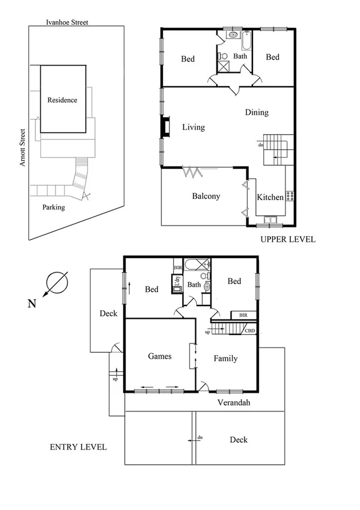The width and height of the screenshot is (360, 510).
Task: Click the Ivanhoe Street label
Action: (x=67, y=22)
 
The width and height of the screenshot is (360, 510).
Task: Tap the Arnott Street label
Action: (x=22, y=147)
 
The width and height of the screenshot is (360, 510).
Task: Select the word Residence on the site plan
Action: (x=63, y=100)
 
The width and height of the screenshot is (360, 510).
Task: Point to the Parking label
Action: (x=53, y=207)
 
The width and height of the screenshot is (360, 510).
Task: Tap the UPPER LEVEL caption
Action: (x=287, y=239)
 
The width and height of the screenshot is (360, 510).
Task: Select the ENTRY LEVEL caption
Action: (x=78, y=447)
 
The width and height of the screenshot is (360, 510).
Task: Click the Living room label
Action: (x=194, y=127)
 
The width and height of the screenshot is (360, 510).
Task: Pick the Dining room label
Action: (x=257, y=112)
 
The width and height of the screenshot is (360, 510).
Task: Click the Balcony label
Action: (x=206, y=196)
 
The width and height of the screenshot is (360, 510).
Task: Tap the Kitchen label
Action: (x=270, y=197)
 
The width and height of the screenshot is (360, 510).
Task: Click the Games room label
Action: (x=160, y=356)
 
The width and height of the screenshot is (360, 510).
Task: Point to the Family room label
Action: (x=225, y=358)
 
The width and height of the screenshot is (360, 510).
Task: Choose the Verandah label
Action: (x=233, y=403)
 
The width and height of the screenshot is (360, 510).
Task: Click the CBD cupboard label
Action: (x=250, y=330)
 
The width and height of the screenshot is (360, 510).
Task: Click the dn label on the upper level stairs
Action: (x=261, y=145)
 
